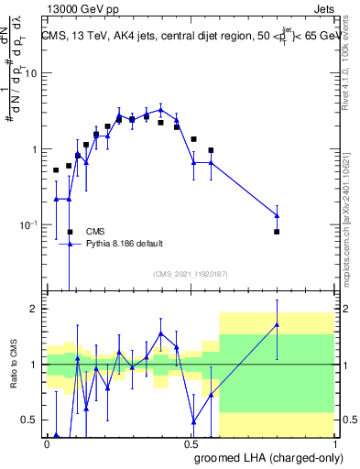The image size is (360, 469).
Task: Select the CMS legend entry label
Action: (x=95, y=232)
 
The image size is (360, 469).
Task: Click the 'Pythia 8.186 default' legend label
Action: (x=125, y=244)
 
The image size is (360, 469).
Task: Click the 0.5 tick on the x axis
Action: (x=191, y=444)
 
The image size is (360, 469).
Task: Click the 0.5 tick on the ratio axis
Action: (x=30, y=420)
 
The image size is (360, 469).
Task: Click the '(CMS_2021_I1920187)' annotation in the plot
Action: (x=190, y=274)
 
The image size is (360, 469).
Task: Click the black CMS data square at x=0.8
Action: (x=277, y=232)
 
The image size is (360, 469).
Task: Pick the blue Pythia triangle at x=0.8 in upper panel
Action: (x=277, y=215)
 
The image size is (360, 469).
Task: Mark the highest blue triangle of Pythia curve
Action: (x=160, y=109)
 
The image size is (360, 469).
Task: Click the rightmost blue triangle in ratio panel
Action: (x=277, y=324)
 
